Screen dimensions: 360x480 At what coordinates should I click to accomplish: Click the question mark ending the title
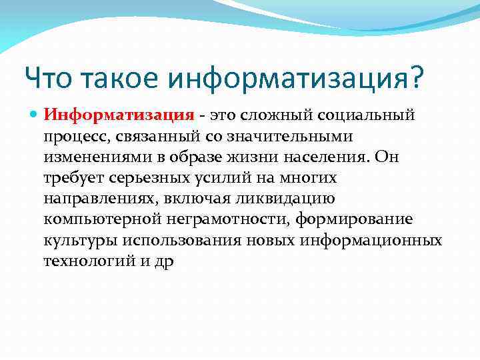click(x=415, y=79)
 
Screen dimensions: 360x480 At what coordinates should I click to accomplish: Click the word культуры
click(x=75, y=241)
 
